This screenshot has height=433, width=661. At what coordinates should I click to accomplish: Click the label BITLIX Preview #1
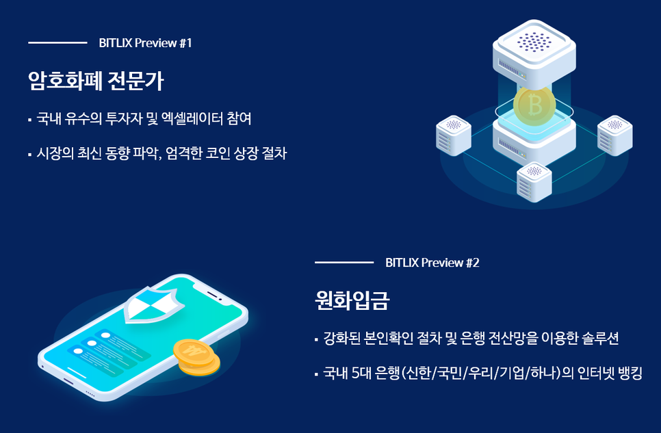coord(146,43)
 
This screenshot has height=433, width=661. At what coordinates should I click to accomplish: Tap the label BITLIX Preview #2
coord(432,263)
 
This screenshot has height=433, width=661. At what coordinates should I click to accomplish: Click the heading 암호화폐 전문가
coord(96,81)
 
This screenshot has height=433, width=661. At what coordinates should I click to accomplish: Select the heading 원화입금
coord(352,300)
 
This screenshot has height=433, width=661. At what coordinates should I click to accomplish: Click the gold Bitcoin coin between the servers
coord(534,105)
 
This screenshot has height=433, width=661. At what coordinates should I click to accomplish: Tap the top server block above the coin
coord(534,53)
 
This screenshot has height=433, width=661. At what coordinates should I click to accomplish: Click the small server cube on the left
coord(454,135)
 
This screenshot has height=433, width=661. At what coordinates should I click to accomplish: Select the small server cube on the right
coord(614,135)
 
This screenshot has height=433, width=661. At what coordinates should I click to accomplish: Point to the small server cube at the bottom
coord(534,182)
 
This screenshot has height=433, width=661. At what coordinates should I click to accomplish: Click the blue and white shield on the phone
coord(154,304)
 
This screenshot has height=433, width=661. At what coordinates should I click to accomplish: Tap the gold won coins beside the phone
coord(196,357)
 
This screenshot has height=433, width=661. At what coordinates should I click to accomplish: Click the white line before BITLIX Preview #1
coord(57,42)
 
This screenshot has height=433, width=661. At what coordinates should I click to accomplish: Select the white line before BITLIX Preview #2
coord(344,262)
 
